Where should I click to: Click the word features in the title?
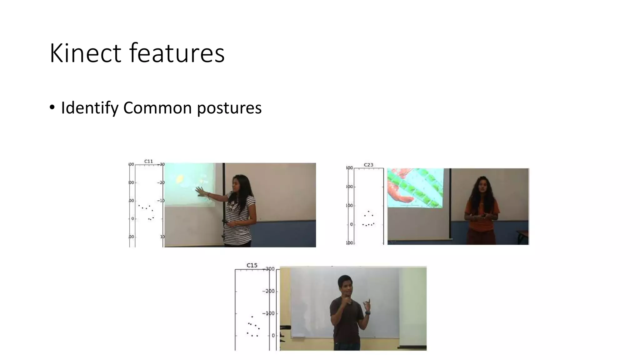[177, 53]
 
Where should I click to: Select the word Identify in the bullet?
[90, 108]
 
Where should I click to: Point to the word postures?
[229, 108]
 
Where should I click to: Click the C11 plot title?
[148, 161]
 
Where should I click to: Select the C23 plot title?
[368, 165]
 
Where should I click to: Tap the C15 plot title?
[252, 265]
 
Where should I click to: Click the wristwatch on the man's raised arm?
[368, 312]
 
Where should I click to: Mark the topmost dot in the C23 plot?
[368, 212]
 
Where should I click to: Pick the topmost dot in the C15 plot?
[252, 317]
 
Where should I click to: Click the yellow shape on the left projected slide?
[180, 179]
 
